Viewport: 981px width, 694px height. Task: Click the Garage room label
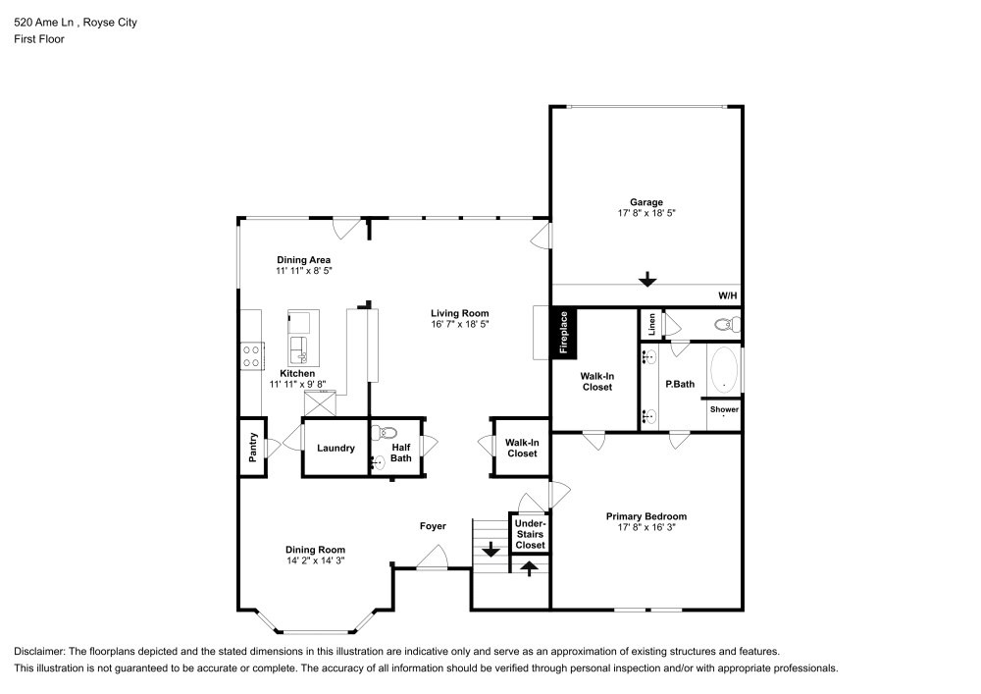click(x=645, y=202)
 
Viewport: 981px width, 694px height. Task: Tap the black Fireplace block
click(x=564, y=332)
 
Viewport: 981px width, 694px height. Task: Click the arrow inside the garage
click(x=646, y=280)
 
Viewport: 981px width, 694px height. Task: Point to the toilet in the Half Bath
click(x=387, y=432)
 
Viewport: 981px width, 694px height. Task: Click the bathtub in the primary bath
click(x=724, y=369)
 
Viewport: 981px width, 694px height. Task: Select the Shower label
click(x=724, y=409)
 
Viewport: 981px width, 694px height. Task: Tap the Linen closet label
click(x=650, y=323)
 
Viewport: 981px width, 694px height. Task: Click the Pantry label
click(x=253, y=447)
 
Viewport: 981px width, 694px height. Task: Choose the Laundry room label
click(x=336, y=449)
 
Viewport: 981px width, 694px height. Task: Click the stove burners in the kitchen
click(x=251, y=354)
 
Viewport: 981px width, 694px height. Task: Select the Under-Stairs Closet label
click(x=530, y=534)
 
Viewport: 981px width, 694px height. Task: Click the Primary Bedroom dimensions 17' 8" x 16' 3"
click(x=645, y=527)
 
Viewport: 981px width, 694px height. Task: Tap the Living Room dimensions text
click(x=459, y=324)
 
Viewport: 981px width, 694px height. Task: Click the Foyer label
click(x=433, y=526)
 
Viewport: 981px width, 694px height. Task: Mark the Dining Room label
click(x=315, y=550)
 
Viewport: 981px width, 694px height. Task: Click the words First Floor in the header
click(x=38, y=40)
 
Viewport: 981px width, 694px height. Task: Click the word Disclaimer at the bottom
click(x=38, y=652)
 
